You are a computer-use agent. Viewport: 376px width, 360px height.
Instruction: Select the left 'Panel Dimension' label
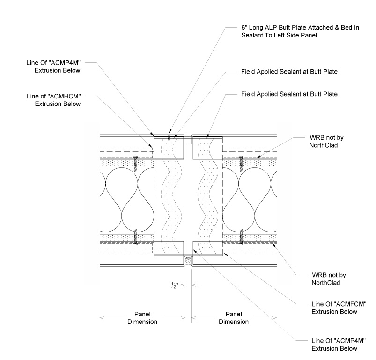(x=143, y=318)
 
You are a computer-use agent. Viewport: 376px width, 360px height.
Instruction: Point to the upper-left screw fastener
(x=135, y=163)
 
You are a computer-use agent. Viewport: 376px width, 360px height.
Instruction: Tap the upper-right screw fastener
(x=242, y=163)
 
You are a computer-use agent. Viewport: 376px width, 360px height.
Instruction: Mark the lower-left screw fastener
(x=135, y=236)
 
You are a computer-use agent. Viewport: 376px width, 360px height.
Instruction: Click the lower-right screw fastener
(x=242, y=236)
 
